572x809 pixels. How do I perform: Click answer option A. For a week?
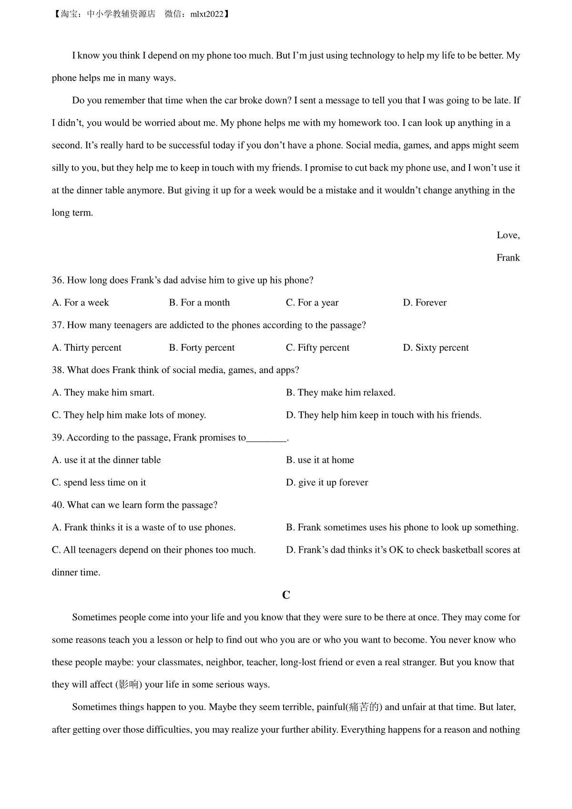click(80, 303)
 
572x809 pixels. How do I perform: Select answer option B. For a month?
click(199, 303)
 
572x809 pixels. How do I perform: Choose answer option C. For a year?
click(312, 303)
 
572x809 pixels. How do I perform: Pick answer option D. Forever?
click(425, 303)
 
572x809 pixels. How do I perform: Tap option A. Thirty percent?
click(87, 348)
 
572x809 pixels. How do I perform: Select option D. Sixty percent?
click(436, 348)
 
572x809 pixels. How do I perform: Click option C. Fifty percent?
click(317, 348)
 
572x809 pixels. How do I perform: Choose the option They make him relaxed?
click(341, 393)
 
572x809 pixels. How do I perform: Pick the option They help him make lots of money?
click(129, 415)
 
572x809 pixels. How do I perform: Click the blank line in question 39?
click(267, 438)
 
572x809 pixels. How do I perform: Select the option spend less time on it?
click(99, 483)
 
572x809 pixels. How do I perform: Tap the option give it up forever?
click(327, 483)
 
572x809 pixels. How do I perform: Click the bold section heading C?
click(286, 595)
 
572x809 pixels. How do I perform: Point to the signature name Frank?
click(508, 258)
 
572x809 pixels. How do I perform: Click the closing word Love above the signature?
click(508, 235)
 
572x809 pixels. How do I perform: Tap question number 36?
click(58, 280)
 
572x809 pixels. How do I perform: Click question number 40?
click(58, 505)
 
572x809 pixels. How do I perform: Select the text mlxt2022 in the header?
click(207, 14)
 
